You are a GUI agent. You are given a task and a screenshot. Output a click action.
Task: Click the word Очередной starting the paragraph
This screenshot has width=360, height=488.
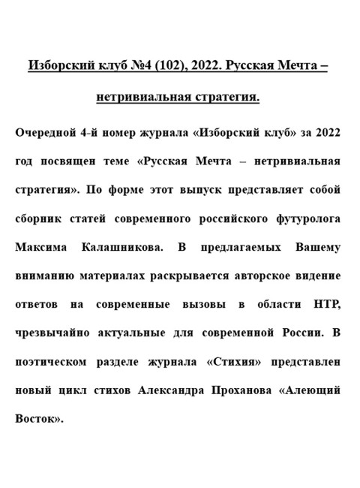click(47, 134)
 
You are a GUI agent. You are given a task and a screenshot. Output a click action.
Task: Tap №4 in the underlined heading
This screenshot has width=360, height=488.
click(140, 66)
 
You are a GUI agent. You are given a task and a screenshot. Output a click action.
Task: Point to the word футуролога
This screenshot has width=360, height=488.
click(307, 220)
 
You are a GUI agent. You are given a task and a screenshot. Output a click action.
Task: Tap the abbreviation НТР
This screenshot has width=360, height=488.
click(325, 305)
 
